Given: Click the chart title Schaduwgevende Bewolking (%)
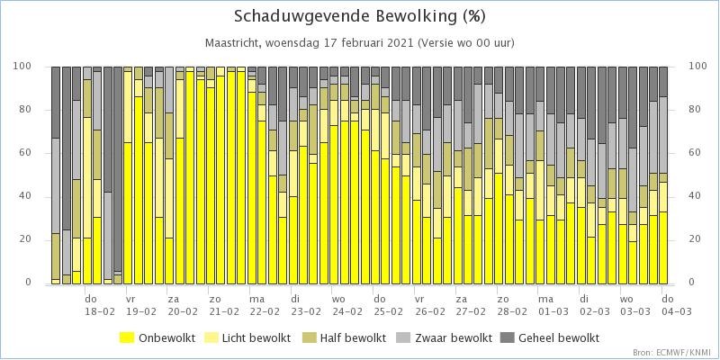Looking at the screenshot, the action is pyautogui.click(x=359, y=16).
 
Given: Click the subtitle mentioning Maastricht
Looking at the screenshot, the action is pyautogui.click(x=359, y=43).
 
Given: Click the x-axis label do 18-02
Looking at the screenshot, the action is pyautogui.click(x=100, y=305).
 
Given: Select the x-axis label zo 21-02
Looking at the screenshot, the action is pyautogui.click(x=223, y=305).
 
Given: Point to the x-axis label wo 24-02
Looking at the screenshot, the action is pyautogui.click(x=346, y=305).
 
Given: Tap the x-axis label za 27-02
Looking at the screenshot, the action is pyautogui.click(x=471, y=305).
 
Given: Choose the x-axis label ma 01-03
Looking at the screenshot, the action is pyautogui.click(x=553, y=305).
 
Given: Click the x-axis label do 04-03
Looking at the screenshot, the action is pyautogui.click(x=676, y=305).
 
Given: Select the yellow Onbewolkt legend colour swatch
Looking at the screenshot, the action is pyautogui.click(x=127, y=338).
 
